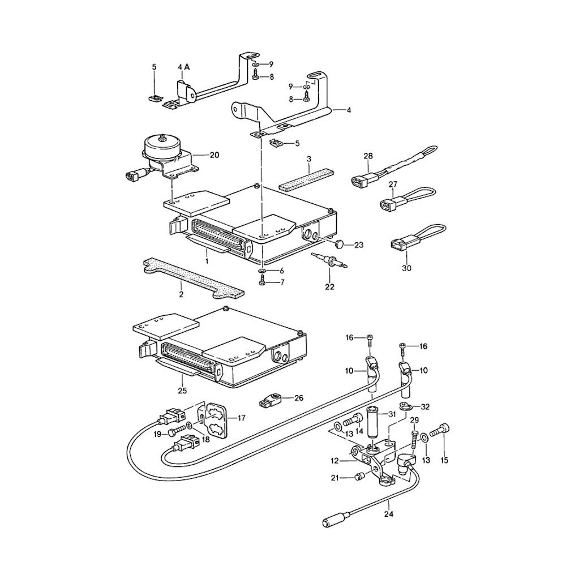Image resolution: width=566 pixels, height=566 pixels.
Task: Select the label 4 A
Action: [x=184, y=67]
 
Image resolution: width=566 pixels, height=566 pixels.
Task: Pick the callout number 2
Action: [x=181, y=294]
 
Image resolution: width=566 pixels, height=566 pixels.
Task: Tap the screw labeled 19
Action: [x=175, y=434]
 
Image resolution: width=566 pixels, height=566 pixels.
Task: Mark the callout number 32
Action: [x=425, y=406]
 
